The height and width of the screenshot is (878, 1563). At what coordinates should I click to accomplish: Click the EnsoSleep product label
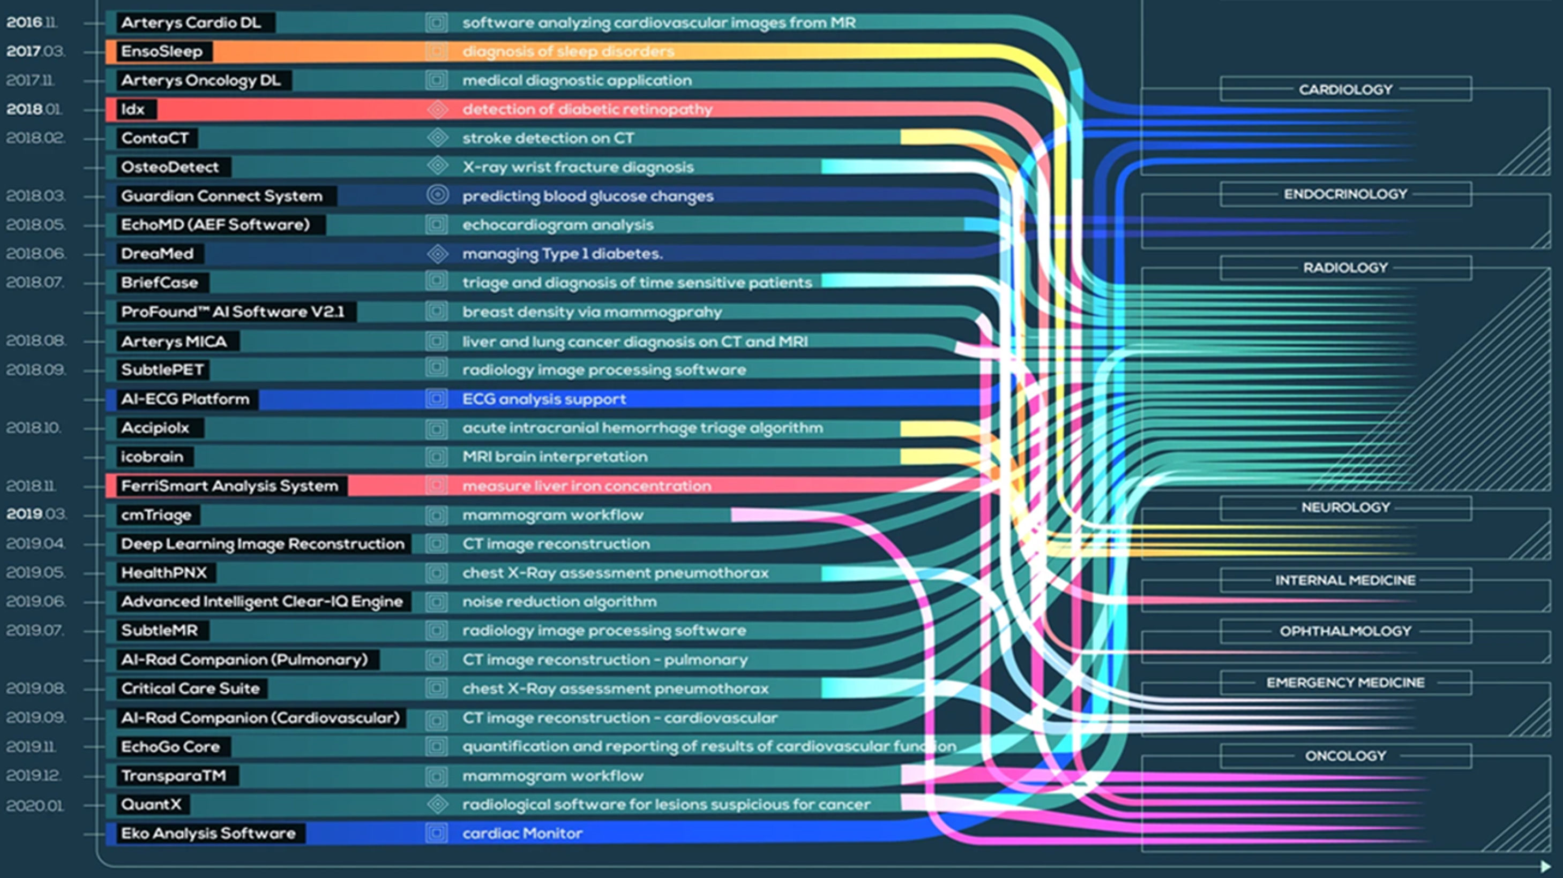click(x=161, y=51)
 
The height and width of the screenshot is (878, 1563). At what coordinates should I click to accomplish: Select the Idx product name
click(x=132, y=109)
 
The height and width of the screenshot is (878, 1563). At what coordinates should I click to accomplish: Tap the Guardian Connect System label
click(x=221, y=196)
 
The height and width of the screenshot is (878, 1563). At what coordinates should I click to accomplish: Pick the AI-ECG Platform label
click(x=185, y=399)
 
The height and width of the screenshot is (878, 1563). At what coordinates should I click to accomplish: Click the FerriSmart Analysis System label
click(x=229, y=486)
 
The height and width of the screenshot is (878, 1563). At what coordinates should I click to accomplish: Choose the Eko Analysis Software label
click(x=208, y=833)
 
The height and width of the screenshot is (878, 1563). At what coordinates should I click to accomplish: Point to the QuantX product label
click(x=151, y=805)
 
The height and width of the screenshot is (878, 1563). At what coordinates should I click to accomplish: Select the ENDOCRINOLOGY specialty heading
click(x=1345, y=194)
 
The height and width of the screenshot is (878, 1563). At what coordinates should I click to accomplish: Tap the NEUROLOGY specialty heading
click(x=1345, y=508)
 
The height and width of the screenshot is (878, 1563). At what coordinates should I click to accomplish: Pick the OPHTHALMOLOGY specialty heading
click(x=1345, y=631)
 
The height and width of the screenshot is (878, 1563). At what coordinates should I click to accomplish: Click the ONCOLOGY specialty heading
click(x=1345, y=756)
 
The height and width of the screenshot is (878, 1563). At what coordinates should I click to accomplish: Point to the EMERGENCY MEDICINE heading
click(x=1345, y=683)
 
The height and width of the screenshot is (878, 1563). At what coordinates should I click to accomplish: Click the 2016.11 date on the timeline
click(x=32, y=22)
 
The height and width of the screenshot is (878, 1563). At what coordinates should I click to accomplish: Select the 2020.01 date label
click(x=35, y=806)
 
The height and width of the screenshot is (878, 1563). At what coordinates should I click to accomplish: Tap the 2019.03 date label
click(x=35, y=514)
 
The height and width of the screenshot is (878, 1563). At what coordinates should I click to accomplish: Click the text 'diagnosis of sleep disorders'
click(x=568, y=51)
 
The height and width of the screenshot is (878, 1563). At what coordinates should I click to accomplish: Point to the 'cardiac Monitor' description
click(x=522, y=833)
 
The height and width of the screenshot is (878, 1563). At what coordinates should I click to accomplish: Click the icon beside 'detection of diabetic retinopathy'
click(x=437, y=109)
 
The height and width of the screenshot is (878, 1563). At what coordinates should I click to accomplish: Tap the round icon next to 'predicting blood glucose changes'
click(x=437, y=195)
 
